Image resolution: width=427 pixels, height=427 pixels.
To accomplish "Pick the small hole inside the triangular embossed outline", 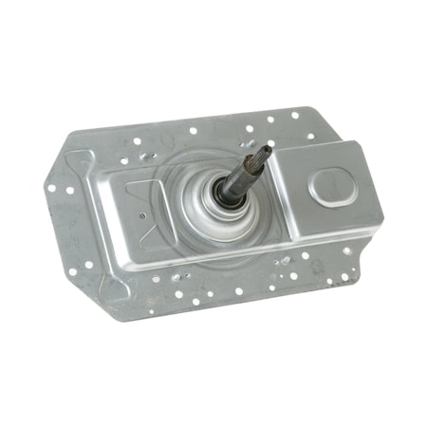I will (x=141, y=214).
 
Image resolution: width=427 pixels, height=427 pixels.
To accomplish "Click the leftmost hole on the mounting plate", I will (x=51, y=187).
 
